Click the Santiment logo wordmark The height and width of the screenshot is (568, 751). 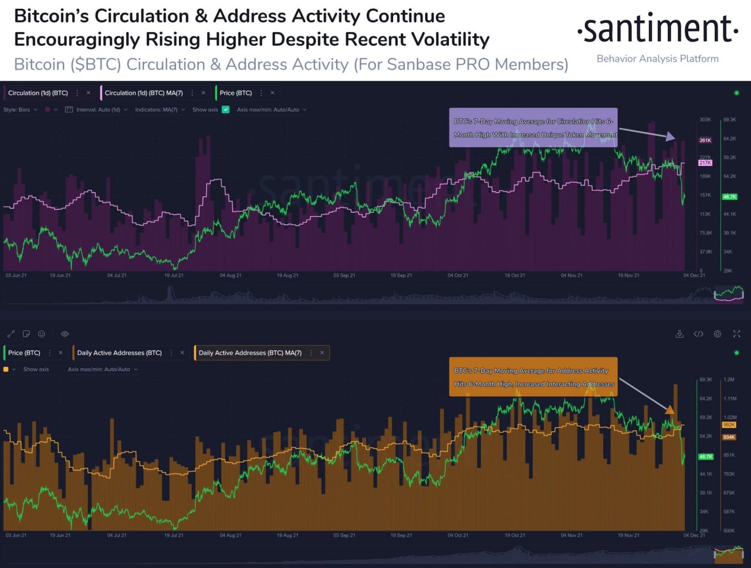point(657,29)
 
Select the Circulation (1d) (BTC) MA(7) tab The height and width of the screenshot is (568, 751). point(144,93)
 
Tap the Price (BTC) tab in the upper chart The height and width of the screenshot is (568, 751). point(236,93)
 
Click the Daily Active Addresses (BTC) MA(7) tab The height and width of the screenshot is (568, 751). point(250,353)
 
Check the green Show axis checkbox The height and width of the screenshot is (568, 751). point(226,110)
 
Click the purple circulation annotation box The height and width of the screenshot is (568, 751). point(533,128)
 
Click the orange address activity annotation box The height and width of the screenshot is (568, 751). point(533,377)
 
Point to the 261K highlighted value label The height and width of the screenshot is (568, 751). point(705,140)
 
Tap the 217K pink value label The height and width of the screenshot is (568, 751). point(705,162)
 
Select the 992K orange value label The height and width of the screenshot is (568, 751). point(729,424)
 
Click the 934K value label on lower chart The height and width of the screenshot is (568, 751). point(729,437)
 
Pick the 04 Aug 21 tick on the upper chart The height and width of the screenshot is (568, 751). point(231,275)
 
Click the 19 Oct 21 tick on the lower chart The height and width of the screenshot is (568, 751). point(515,535)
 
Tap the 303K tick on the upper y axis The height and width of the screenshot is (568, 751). point(705,120)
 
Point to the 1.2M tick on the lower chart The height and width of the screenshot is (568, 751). point(729,379)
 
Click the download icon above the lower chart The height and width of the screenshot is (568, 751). point(679,334)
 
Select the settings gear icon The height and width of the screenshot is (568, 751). point(718,334)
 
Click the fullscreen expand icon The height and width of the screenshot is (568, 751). point(736,334)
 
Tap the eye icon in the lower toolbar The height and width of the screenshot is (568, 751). point(65,334)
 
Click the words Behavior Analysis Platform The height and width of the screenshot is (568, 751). point(657,59)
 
